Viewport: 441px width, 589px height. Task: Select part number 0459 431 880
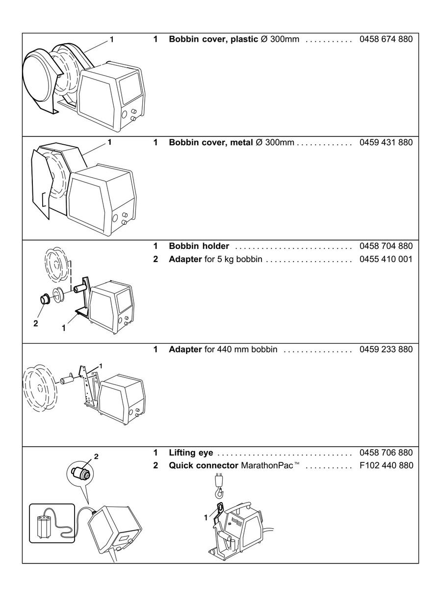[x=386, y=142]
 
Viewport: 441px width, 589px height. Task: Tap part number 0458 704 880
[x=386, y=245]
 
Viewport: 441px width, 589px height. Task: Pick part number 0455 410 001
[x=386, y=259]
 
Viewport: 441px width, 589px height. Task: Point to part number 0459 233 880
[x=386, y=349]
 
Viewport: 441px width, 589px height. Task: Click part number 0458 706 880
[x=386, y=452]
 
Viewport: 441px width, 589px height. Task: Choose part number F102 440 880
[x=386, y=465]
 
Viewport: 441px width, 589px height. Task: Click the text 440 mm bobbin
[x=247, y=349]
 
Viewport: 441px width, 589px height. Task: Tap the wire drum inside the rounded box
[x=46, y=526]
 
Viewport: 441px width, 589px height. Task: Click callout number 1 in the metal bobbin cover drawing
[x=109, y=142]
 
